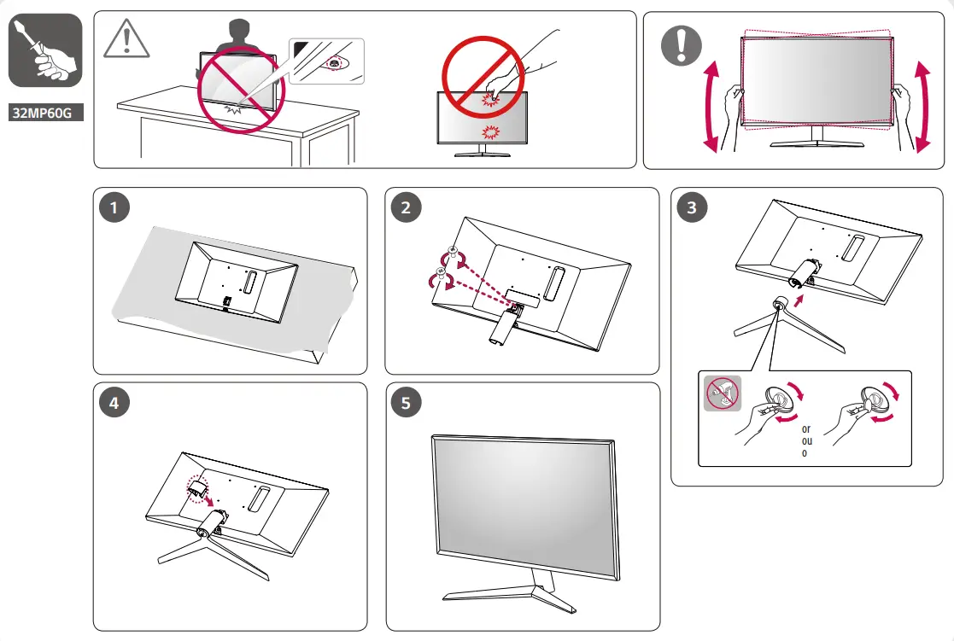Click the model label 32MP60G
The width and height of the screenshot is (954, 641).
tap(46, 113)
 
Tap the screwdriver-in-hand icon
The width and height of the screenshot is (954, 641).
tap(45, 50)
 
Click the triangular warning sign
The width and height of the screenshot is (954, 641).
tap(126, 39)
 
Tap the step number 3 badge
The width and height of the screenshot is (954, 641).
tap(691, 207)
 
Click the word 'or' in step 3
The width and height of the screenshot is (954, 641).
tap(805, 428)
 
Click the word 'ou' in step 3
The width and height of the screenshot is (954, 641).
tap(805, 441)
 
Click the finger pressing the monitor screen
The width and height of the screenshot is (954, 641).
tap(495, 84)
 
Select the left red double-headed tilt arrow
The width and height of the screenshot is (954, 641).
tap(711, 107)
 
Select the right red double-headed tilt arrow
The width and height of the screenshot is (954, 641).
tap(922, 107)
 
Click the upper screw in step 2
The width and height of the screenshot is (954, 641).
tap(454, 253)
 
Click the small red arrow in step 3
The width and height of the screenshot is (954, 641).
tap(799, 301)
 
